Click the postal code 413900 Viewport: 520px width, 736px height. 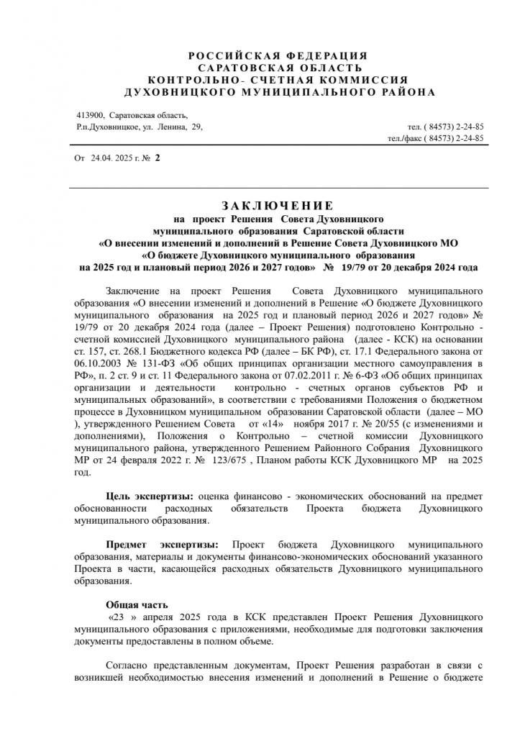point(90,115)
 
